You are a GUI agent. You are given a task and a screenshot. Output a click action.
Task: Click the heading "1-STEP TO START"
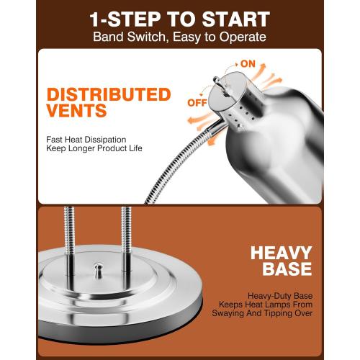(179, 18)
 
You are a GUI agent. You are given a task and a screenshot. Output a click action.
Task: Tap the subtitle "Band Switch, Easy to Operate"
(179, 37)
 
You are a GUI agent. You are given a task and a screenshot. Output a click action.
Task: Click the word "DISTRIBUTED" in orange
(108, 95)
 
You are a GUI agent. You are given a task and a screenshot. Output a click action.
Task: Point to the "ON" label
(248, 64)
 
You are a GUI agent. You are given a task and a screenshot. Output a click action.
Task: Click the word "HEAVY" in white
(281, 253)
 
